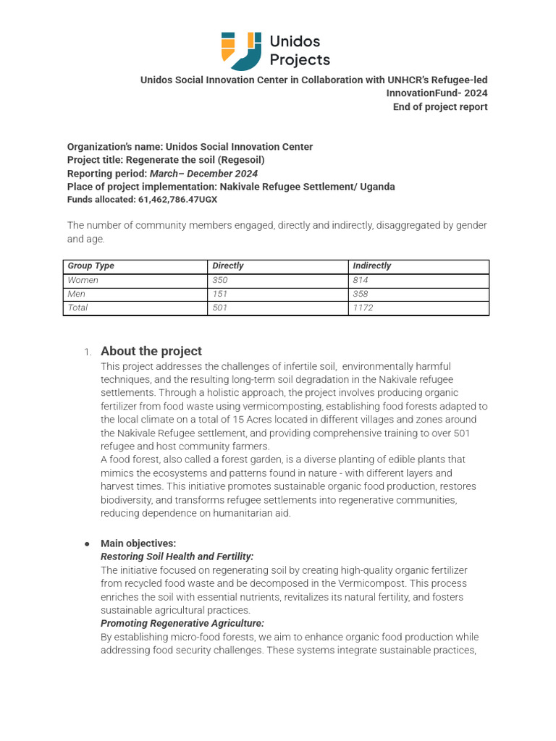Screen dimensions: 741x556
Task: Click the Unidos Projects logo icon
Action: pos(241,50)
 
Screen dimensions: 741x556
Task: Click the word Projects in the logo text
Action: pos(299,60)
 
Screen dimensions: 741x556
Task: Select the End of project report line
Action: pos(440,107)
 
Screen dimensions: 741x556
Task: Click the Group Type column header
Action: pos(90,266)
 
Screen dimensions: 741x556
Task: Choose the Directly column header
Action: pos(228,266)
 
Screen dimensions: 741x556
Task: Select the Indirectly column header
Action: pos(371,266)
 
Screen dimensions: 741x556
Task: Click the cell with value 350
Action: pos(220,280)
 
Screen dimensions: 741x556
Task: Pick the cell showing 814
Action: pos(361,280)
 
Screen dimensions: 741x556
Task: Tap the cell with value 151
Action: pos(219,294)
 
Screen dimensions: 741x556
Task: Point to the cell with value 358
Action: pos(361,294)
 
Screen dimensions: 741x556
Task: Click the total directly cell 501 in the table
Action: pos(219,308)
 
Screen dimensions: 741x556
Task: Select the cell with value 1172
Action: pos(363,308)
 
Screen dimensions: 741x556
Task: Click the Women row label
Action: pos(83,280)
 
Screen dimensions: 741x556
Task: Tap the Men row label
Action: pos(76,294)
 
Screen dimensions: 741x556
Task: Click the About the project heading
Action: pos(151,351)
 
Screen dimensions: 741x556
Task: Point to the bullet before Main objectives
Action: pos(87,543)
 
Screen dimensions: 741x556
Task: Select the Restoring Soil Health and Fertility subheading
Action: pos(177,556)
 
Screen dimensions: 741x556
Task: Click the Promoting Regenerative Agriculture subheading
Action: pos(182,623)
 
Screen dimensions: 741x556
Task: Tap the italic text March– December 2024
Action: pos(203,174)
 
